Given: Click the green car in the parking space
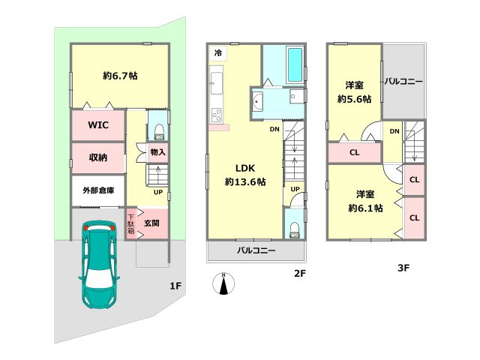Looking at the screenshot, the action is point(99,264).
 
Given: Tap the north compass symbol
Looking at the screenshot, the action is point(223,283).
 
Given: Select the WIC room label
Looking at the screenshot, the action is point(98,125).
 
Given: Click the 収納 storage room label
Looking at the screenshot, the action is point(98,157).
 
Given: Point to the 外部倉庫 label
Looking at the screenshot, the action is point(98,190).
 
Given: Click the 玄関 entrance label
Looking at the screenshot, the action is point(151,223).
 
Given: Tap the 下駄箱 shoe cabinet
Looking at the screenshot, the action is point(130,223).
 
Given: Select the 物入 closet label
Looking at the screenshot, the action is point(158,151).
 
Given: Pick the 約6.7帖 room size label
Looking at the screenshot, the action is point(120,76).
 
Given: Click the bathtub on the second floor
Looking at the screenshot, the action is point(295,64).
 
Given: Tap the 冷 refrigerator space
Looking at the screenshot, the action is point(218,53).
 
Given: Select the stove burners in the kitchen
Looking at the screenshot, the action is point(217,115).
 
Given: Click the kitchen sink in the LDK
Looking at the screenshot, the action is point(217,83).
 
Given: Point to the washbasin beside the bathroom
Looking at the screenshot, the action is point(257,101).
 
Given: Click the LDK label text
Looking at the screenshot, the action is point(245,168).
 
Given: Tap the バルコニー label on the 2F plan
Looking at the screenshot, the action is point(256,250).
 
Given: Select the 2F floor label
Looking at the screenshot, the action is point(300,273).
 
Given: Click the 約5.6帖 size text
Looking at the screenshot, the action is point(355,99).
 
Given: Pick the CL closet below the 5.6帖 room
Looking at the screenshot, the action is point(354,152).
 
